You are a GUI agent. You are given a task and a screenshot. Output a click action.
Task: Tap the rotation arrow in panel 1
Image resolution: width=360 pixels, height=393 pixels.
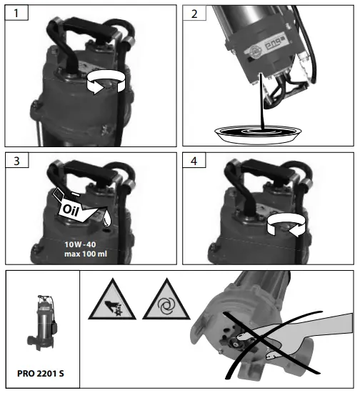click(x=103, y=85)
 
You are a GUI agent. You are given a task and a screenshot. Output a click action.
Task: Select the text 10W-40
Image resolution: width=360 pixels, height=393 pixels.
click(x=70, y=244)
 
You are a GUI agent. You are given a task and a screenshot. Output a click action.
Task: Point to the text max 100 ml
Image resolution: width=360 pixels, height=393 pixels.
click(x=70, y=255)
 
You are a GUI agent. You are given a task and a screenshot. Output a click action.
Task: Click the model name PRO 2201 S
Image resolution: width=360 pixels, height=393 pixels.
click(x=44, y=372)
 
